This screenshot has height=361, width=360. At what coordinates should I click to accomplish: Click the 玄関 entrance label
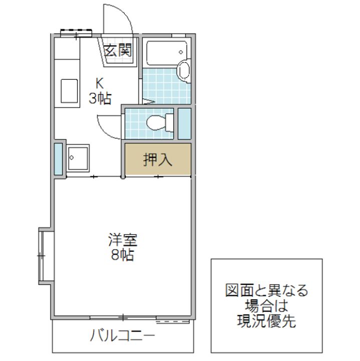[x=118, y=50]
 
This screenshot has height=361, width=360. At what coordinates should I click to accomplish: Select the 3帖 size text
[x=100, y=98]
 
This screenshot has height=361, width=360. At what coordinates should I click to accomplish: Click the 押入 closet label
[x=158, y=159]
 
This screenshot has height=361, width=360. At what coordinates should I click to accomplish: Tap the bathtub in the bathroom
[x=167, y=52]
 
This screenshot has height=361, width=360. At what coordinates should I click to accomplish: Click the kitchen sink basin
[x=70, y=90]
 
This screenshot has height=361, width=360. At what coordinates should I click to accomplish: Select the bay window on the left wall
[x=44, y=256]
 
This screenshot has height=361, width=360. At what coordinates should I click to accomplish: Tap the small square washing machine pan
[x=78, y=157]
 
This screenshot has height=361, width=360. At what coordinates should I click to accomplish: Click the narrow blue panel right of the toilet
[x=184, y=123]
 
